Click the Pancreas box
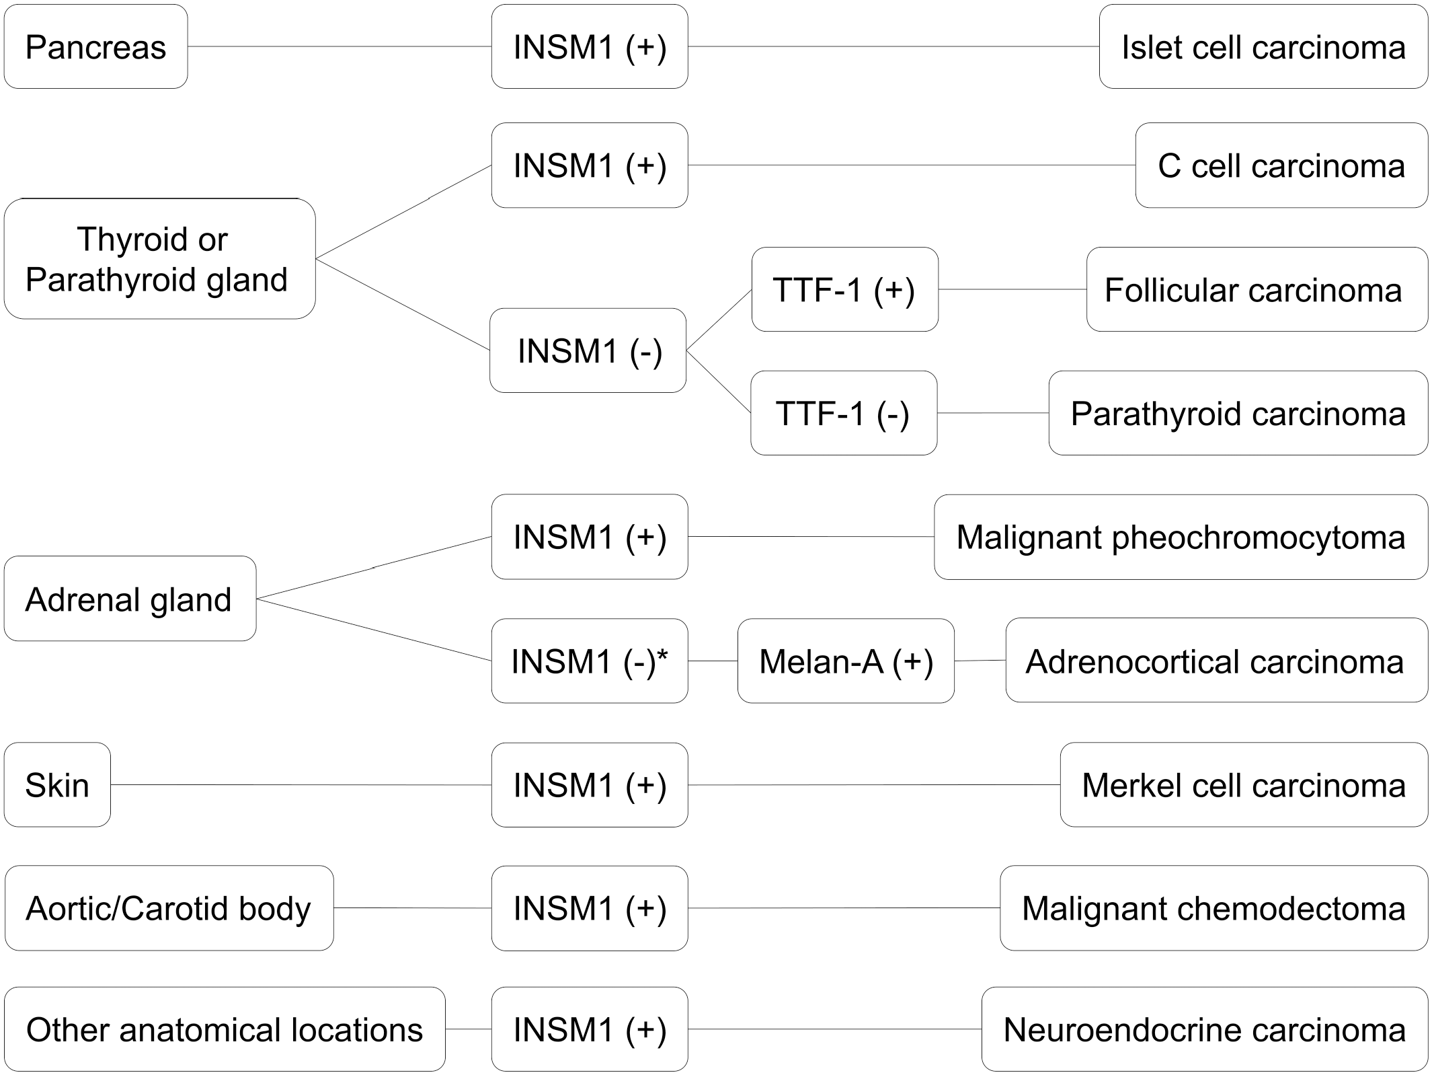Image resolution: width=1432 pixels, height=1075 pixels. click(x=95, y=46)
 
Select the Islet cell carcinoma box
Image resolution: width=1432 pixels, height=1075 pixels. click(x=1263, y=46)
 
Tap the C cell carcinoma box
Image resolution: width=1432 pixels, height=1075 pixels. click(x=1281, y=165)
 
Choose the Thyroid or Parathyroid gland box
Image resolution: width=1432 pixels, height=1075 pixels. click(x=159, y=258)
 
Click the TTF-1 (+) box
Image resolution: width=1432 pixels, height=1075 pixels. click(x=844, y=289)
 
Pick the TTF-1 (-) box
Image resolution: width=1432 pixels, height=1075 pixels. click(x=844, y=412)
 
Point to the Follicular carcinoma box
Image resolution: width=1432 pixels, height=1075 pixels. click(x=1257, y=289)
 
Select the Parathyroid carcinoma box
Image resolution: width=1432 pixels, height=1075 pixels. click(x=1238, y=412)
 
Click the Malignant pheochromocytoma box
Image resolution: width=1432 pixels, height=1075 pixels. click(x=1181, y=537)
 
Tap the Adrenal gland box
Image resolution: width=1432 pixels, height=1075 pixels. click(x=130, y=598)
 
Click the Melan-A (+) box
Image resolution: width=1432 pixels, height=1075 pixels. click(x=846, y=661)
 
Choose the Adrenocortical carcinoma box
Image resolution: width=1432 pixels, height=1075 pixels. click(x=1217, y=660)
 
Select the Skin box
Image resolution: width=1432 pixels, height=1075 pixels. click(x=57, y=784)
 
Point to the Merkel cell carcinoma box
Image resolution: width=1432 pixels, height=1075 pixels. click(x=1244, y=784)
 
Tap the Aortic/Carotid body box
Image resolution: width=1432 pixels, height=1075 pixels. click(x=169, y=907)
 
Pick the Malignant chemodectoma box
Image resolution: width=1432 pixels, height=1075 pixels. click(x=1214, y=907)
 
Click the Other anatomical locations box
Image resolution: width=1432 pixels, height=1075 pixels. click(x=225, y=1029)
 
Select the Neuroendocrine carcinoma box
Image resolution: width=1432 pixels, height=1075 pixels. click(x=1205, y=1029)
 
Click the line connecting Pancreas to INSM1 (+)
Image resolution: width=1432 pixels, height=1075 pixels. click(x=340, y=46)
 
